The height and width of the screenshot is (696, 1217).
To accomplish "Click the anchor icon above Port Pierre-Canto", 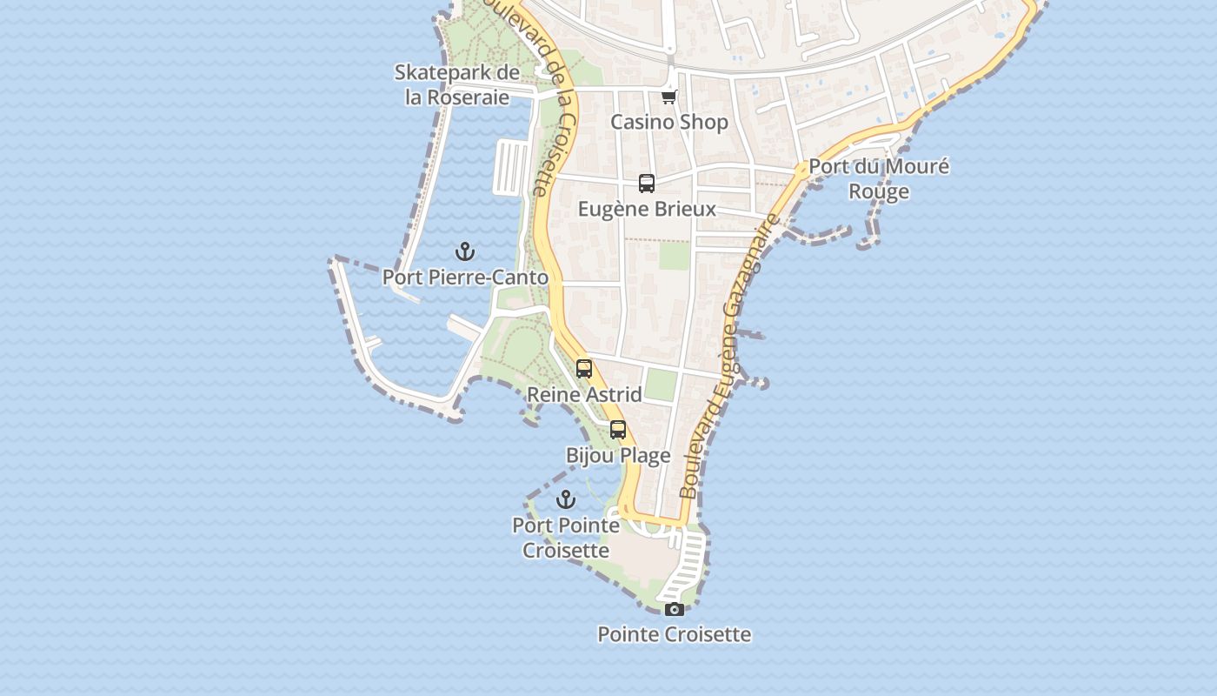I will (466, 252).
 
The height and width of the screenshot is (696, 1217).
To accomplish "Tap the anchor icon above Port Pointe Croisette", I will (566, 499).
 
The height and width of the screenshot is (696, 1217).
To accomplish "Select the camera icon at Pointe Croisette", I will (674, 609).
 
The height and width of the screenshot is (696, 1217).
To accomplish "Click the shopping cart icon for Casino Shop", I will (668, 97).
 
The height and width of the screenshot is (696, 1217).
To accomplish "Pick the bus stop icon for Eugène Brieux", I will (647, 184).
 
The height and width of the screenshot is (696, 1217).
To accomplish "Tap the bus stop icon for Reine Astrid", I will (584, 369).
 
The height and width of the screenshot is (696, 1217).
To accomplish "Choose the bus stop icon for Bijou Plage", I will (618, 430).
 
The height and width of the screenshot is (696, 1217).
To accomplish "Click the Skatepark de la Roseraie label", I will (457, 84).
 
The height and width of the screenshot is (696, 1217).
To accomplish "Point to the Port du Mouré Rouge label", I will (879, 178).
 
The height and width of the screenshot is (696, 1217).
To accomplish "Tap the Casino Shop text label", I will (669, 122).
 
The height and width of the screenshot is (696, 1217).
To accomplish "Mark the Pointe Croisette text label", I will (674, 634).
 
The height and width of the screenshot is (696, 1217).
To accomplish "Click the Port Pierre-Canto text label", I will (466, 278).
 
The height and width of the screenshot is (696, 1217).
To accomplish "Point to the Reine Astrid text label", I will (584, 394).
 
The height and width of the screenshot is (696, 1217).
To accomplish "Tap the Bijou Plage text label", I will (618, 455).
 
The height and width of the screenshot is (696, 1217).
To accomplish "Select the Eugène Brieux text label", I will (647, 209).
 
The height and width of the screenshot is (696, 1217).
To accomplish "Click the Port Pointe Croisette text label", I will (566, 538).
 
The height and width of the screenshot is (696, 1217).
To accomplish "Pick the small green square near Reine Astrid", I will (661, 385).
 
